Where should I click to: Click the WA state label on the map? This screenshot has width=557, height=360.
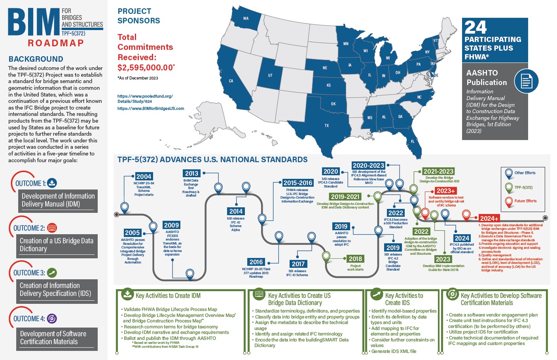[246, 18]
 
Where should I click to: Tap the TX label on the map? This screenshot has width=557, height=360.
[327, 125]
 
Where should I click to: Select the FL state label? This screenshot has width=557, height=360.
[413, 141]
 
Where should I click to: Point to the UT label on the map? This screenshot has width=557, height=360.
[270, 75]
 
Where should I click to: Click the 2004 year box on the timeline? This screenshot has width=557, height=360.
[144, 176]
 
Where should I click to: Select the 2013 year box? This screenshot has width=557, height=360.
[191, 173]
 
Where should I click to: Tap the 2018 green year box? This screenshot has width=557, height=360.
[355, 259]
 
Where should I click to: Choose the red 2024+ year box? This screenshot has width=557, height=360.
[489, 218]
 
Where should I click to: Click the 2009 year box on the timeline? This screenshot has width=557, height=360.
[171, 225]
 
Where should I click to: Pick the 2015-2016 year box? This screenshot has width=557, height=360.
[298, 183]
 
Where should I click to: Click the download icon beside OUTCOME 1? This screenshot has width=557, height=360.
[52, 183]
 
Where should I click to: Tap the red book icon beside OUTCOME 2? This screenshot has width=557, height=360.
[52, 228]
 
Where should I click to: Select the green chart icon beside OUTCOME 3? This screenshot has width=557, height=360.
[52, 273]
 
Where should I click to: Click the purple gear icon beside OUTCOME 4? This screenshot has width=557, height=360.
[52, 318]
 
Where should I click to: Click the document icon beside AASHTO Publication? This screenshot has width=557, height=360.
[526, 81]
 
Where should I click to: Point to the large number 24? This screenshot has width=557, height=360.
[476, 27]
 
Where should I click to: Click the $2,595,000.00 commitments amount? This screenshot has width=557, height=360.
[146, 68]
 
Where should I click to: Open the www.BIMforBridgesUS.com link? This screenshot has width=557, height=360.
[151, 108]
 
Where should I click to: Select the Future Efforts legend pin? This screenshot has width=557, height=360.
[509, 201]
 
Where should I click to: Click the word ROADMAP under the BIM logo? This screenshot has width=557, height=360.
[56, 43]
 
